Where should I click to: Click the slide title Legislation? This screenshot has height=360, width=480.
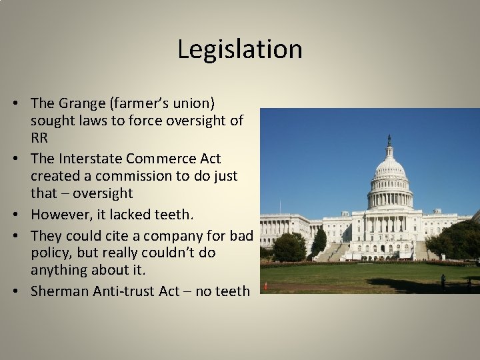click(x=240, y=49)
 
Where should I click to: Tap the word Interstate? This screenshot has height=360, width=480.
click(x=89, y=159)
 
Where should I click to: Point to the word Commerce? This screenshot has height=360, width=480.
click(x=160, y=159)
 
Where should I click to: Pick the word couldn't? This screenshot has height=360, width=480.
click(x=153, y=253)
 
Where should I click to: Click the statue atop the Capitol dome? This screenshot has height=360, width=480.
click(x=389, y=138)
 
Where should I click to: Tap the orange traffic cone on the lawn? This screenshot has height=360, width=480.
click(x=266, y=286)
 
